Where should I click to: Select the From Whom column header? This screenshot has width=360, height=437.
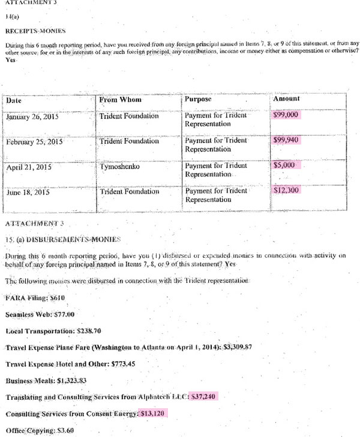point(121,100)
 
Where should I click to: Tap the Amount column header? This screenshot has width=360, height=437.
point(286,98)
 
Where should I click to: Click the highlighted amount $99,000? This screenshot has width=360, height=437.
point(287,114)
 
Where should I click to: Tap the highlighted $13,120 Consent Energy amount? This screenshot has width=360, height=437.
point(154,414)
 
